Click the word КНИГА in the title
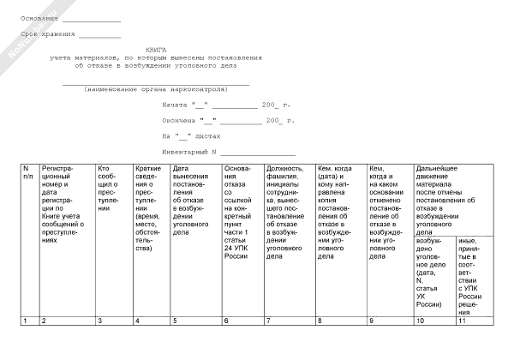[x=156, y=50]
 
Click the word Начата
[x=175, y=105]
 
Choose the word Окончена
[x=179, y=120]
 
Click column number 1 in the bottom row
[x=25, y=321]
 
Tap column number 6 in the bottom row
[x=226, y=321]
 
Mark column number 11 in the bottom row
[x=463, y=321]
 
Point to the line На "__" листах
[x=191, y=135]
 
